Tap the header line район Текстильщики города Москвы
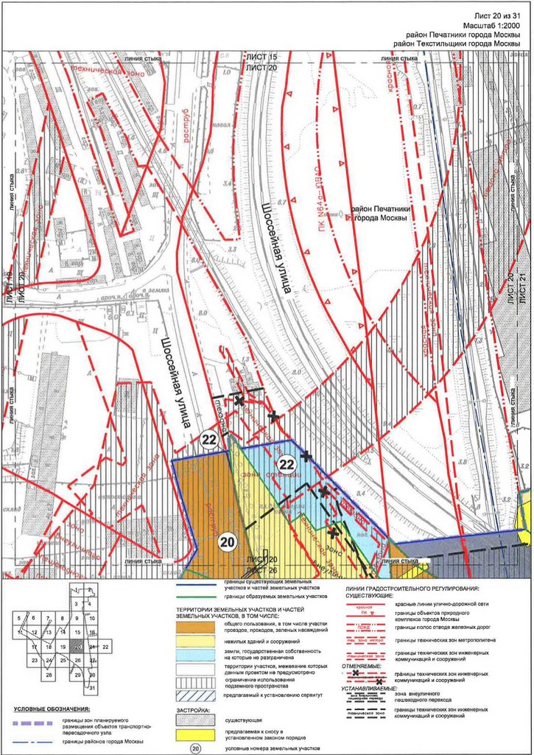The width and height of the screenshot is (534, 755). tap(457, 44)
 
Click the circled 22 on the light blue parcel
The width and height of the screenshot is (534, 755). tap(287, 464)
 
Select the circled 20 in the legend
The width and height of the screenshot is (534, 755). tap(195, 748)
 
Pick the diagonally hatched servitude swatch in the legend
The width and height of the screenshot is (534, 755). tap(195, 695)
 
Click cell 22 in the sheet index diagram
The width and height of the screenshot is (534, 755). tap(106, 646)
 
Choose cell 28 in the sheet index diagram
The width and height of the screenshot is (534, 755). tap(48, 675)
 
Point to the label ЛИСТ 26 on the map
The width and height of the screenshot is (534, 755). tap(261, 569)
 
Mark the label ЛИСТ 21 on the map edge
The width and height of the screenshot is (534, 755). tap(524, 291)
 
